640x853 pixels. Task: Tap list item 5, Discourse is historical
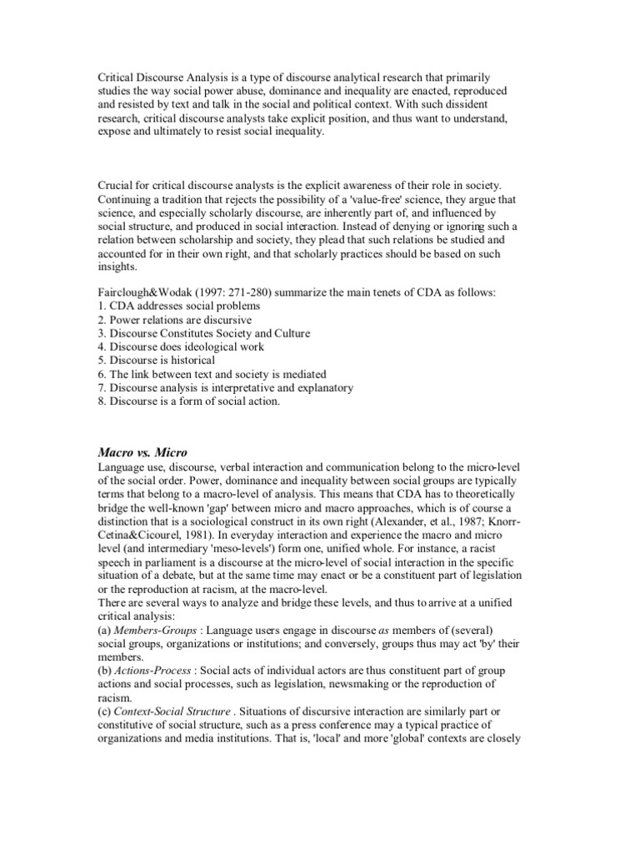click(157, 361)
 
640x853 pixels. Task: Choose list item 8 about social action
click(189, 401)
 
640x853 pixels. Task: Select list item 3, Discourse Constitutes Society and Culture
click(204, 334)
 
